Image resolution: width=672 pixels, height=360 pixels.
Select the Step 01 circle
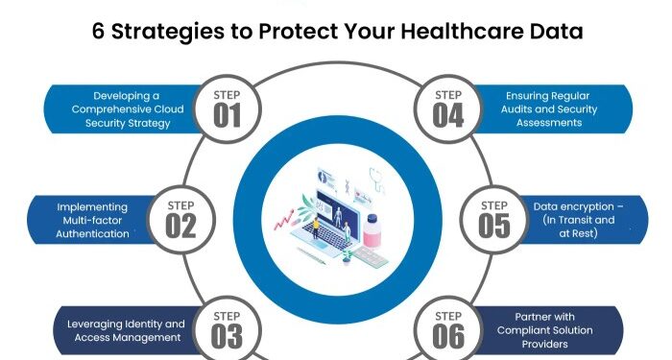click(227, 108)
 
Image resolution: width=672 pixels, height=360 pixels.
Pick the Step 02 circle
click(181, 220)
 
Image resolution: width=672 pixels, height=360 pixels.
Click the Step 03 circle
click(227, 328)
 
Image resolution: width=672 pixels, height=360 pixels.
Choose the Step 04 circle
click(446, 108)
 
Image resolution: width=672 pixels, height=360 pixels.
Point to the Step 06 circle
click(446, 328)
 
